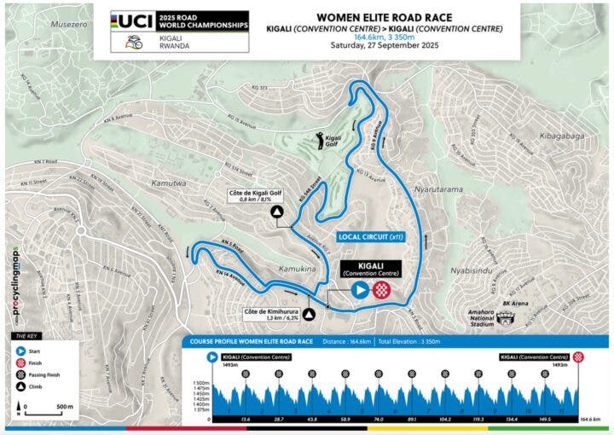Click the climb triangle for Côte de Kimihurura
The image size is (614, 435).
pyautogui.click(x=310, y=314)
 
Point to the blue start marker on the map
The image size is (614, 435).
pyautogui.click(x=361, y=290)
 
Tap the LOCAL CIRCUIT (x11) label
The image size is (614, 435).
pyautogui.click(x=369, y=235)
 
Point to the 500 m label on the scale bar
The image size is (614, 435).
pyautogui.click(x=64, y=407)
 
